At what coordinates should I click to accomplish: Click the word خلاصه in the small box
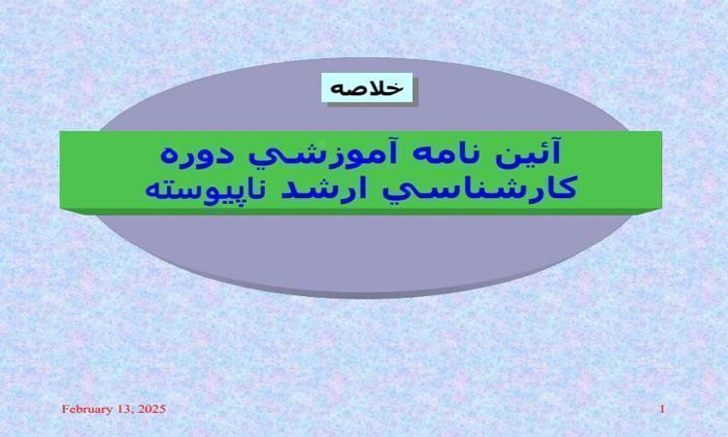coord(367,87)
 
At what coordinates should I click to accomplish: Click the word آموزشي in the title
coord(322,154)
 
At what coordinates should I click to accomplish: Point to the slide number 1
coord(663,409)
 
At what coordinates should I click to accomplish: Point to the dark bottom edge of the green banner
coord(361,212)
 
